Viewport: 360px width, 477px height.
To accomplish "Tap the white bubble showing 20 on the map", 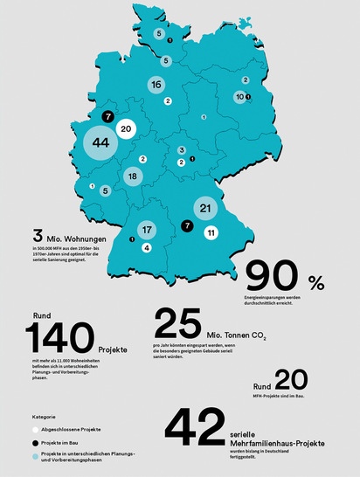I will point(125,129).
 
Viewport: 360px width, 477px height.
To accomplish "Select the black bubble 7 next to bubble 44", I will point(107,116).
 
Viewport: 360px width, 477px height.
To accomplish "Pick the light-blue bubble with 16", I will point(156,86).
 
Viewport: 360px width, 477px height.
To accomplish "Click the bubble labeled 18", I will point(132,176).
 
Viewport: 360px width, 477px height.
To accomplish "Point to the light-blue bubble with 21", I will point(205,209).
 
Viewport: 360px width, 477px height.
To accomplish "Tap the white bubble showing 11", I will point(211,232).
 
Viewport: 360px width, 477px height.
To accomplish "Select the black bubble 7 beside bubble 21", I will point(186,225).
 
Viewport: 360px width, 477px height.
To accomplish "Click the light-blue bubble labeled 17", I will point(147,231).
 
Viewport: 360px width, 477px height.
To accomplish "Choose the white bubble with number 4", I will point(147,248).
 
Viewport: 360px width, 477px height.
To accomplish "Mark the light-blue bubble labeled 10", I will point(239,98).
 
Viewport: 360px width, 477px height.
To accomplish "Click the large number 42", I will point(202,428).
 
